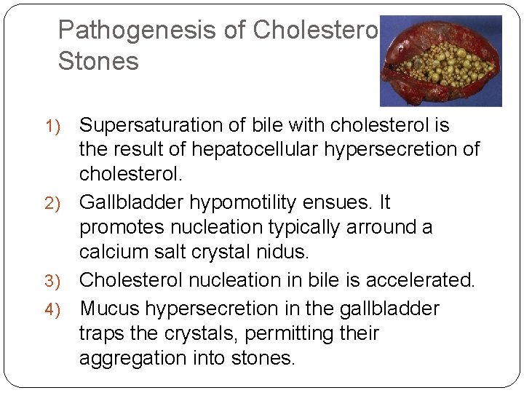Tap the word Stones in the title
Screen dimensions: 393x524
98,61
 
